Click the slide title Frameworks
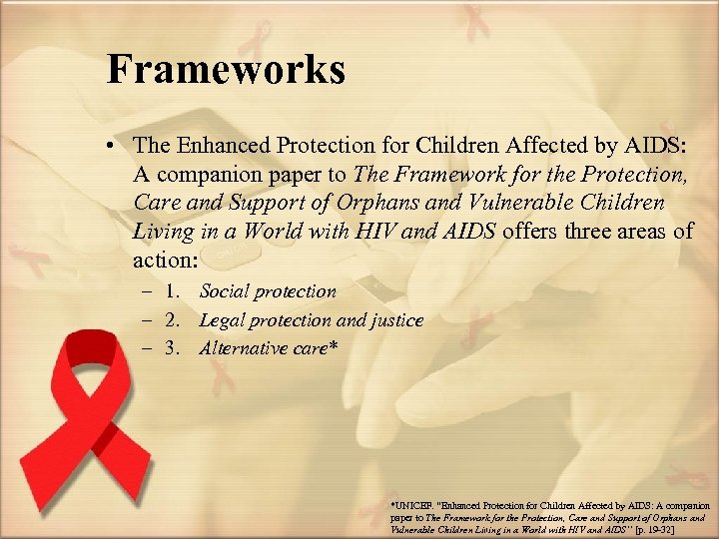pos(226,70)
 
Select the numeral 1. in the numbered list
pos(176,291)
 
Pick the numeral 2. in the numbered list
pos(176,320)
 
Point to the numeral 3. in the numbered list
pos(176,348)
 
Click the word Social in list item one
pos(223,291)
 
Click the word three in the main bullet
pos(601,233)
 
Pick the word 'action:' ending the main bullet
pos(166,261)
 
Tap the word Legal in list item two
pos(224,320)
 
